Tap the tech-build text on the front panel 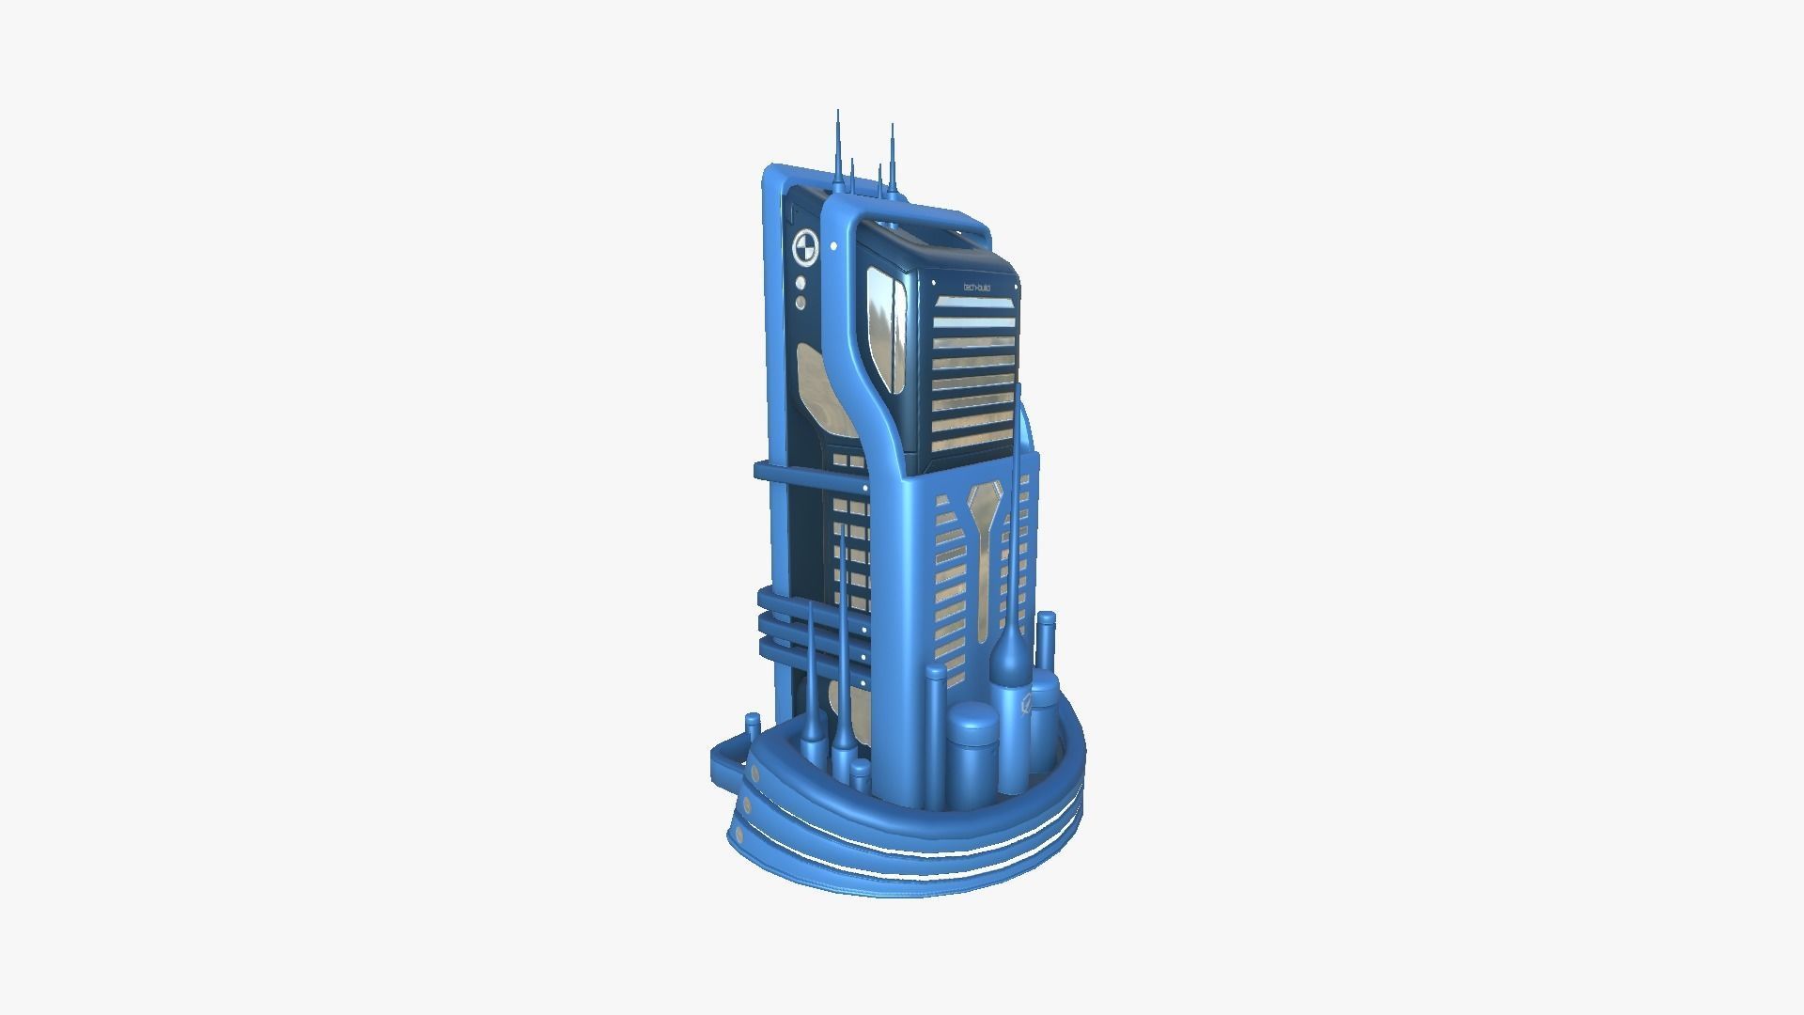pyautogui.click(x=978, y=286)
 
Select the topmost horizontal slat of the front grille pyautogui.click(x=974, y=303)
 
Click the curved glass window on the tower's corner pyautogui.click(x=886, y=329)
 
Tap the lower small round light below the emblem pyautogui.click(x=801, y=304)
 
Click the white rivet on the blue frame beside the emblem pyautogui.click(x=834, y=246)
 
